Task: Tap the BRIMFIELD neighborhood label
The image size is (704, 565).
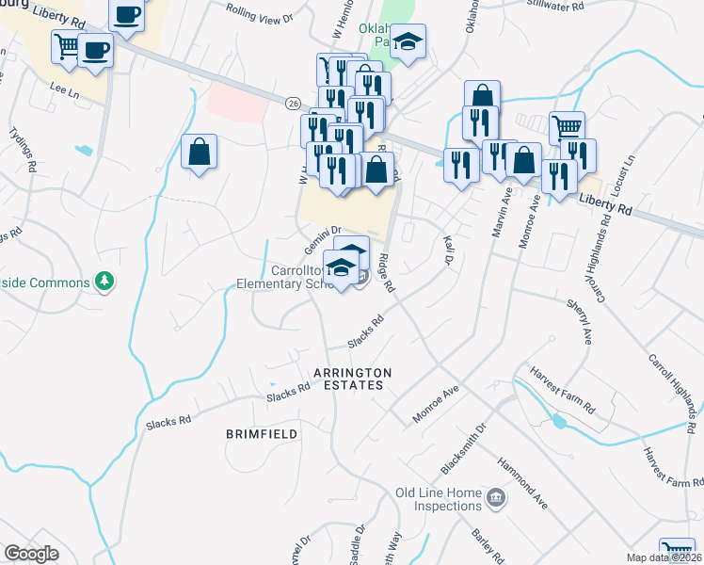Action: pyautogui.click(x=263, y=434)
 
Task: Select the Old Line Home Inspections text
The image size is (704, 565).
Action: pyautogui.click(x=439, y=499)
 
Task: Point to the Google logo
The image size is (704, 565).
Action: pyautogui.click(x=31, y=554)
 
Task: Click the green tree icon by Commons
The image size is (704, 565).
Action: pyautogui.click(x=105, y=282)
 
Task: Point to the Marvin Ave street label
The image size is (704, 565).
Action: pyautogui.click(x=500, y=216)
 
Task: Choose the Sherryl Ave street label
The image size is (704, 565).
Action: pyautogui.click(x=578, y=321)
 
